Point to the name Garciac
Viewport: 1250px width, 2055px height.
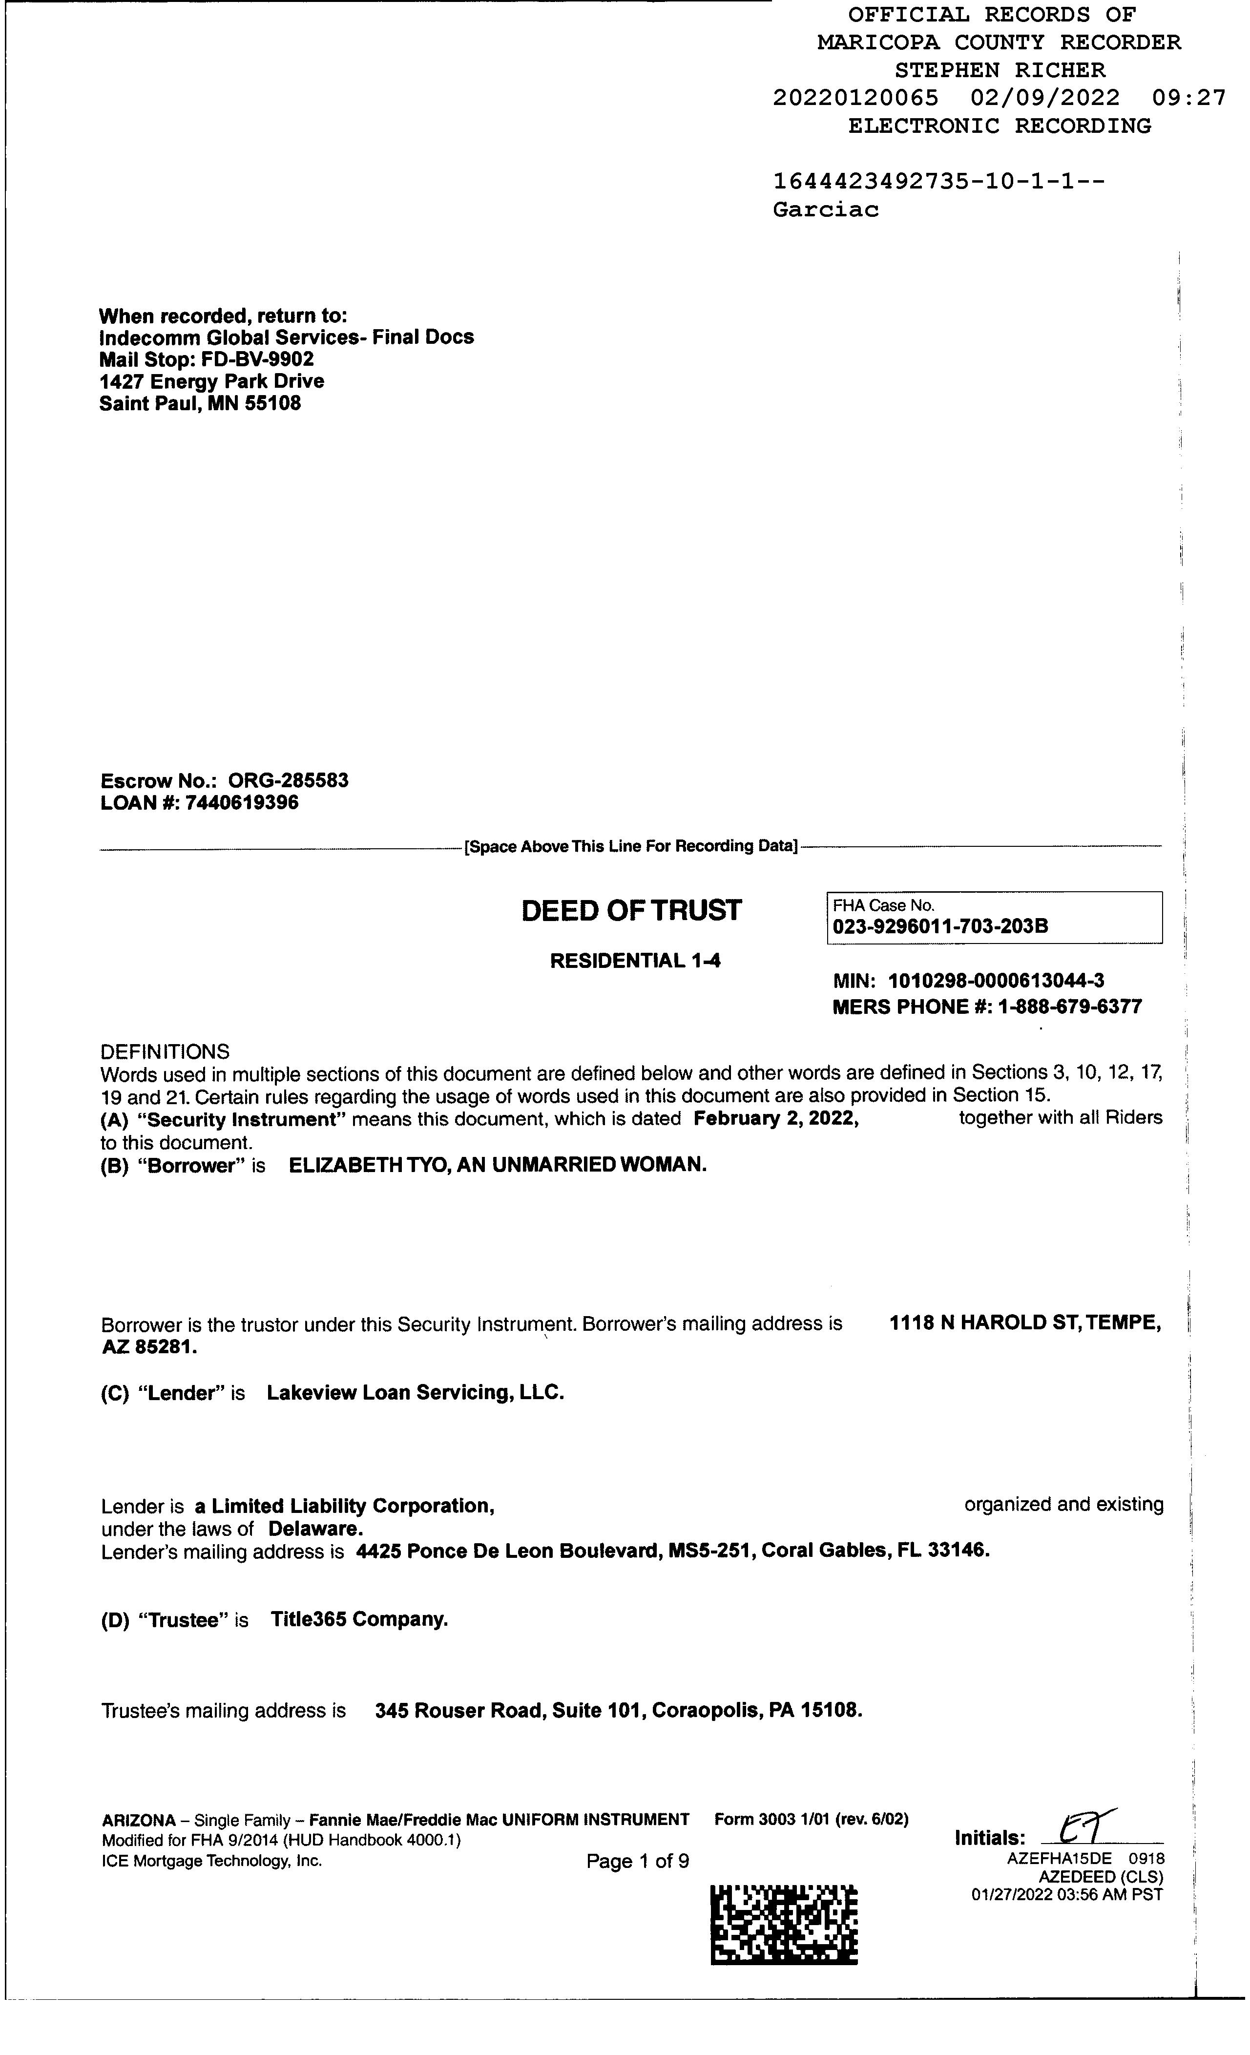click(826, 210)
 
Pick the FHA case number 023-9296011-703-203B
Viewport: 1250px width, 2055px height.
click(940, 926)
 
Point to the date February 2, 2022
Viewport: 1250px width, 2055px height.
click(775, 1118)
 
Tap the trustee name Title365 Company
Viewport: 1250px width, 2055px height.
click(359, 1620)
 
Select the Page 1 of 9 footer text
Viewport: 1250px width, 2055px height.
click(638, 1862)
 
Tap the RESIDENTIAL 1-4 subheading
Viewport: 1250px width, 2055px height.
click(635, 961)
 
